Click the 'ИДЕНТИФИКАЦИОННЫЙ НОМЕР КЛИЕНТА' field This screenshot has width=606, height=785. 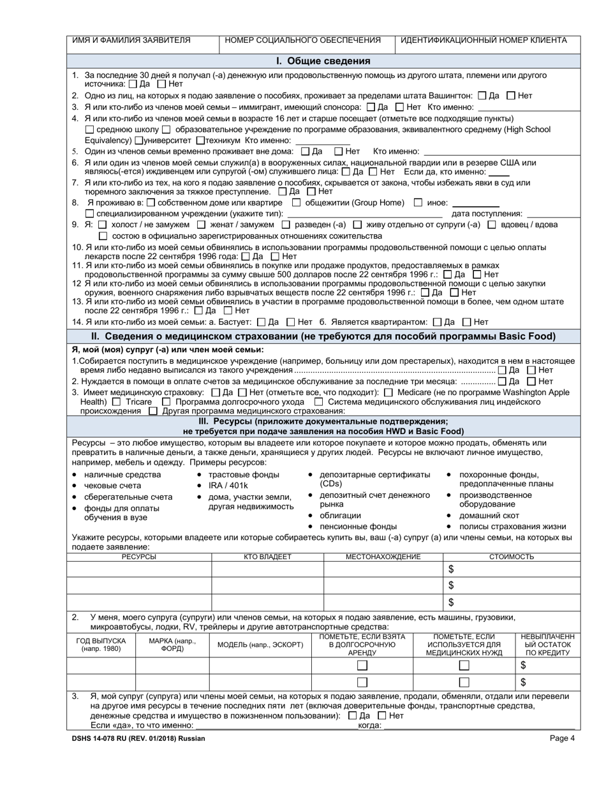click(484, 40)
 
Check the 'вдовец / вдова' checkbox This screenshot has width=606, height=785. click(492, 225)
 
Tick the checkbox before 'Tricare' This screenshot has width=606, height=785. click(116, 402)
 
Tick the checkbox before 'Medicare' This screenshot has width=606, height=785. click(388, 392)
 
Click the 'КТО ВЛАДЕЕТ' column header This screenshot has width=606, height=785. click(267, 557)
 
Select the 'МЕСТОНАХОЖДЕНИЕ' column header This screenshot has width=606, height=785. click(383, 557)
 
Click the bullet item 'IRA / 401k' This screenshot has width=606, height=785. click(228, 486)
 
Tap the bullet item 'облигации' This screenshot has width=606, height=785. click(340, 516)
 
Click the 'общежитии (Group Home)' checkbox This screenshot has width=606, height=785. click(296, 203)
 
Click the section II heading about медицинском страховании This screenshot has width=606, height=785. click(323, 336)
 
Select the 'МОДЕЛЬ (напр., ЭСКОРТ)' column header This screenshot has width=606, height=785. click(260, 645)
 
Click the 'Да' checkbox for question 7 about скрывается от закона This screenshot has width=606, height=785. click(283, 191)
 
